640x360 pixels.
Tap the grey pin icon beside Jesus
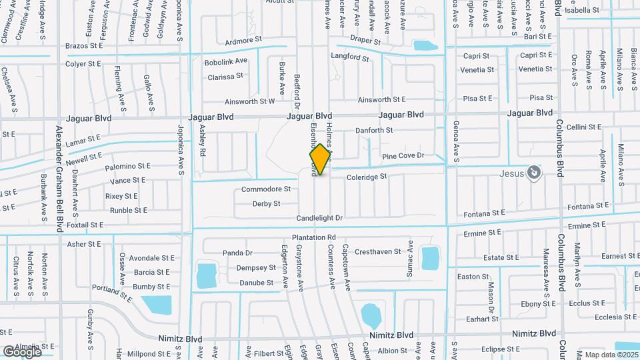533,173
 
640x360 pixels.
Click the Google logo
22,351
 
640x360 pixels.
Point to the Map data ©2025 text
611,355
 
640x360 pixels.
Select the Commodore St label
267,189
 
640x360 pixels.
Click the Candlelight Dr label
320,218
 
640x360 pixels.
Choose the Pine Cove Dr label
413,156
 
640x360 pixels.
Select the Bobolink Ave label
226,61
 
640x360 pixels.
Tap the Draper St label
365,41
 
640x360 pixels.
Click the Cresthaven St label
377,252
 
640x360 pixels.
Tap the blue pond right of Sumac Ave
430,259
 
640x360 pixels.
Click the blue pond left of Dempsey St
207,275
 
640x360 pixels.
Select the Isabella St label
582,10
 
